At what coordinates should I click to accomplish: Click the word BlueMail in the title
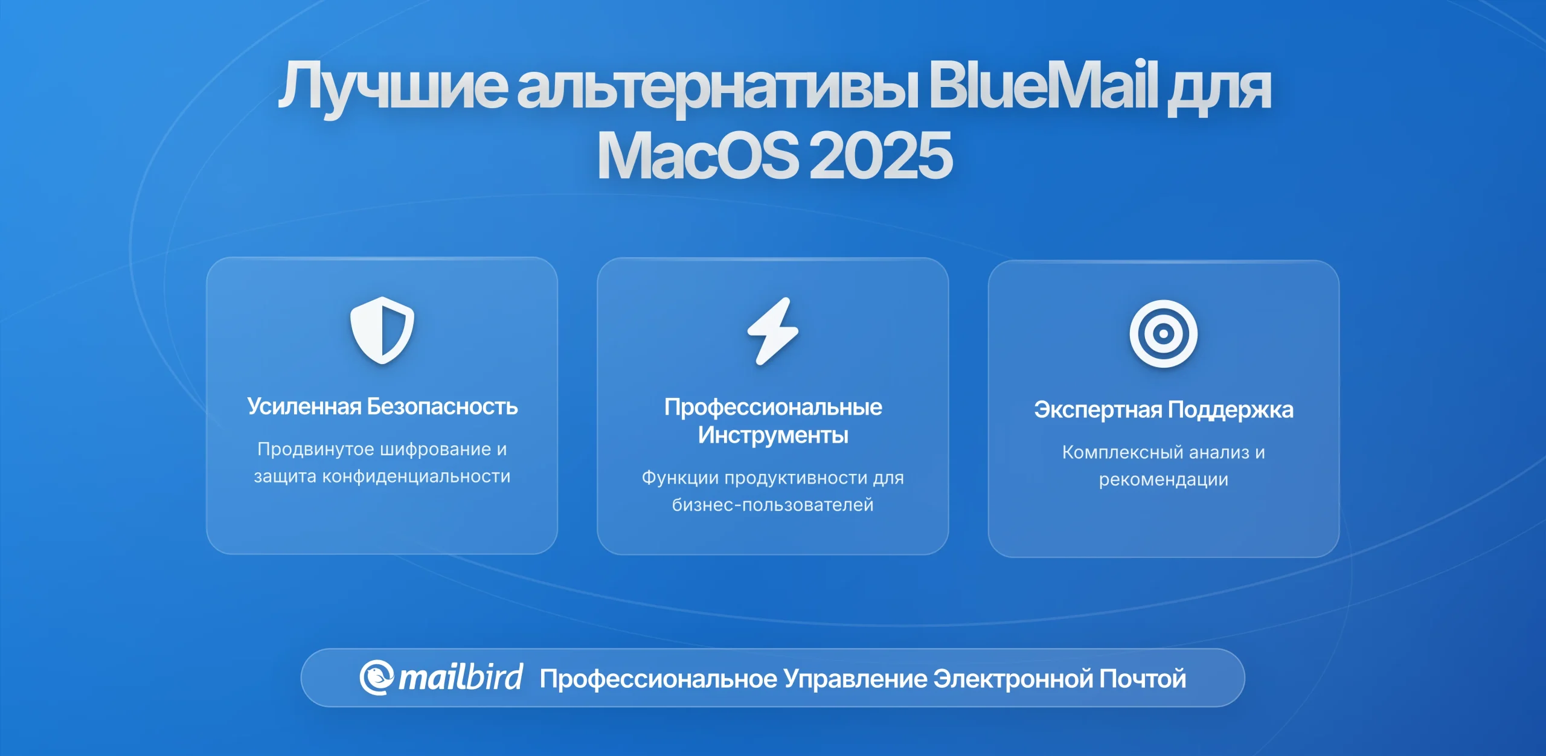pos(1043,85)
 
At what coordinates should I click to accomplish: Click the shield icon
pos(382,330)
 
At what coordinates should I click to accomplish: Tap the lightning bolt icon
pos(773,331)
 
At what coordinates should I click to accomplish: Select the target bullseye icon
pos(1164,333)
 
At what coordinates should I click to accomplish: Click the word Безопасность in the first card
pos(443,406)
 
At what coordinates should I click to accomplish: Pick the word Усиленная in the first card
pos(304,406)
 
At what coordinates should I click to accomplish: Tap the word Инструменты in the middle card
pos(773,435)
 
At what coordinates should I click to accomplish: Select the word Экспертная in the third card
pos(1098,410)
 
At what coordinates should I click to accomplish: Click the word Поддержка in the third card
pos(1231,410)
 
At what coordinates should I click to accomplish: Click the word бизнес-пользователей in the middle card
pos(773,505)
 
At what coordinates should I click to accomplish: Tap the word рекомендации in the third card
pos(1164,480)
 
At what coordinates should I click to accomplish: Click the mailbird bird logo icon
pos(377,678)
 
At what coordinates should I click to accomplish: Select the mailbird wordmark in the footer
pos(461,678)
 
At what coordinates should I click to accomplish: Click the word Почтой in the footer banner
pos(1143,679)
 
